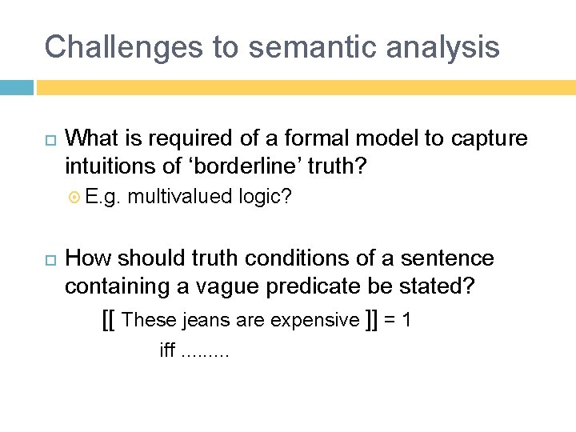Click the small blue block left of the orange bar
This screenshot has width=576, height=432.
coord(16,86)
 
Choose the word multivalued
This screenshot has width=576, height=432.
coord(180,196)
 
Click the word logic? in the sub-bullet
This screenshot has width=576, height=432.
coord(265,197)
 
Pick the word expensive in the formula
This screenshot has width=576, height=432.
coord(315,320)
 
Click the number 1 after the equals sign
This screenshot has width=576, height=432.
coord(406,320)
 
